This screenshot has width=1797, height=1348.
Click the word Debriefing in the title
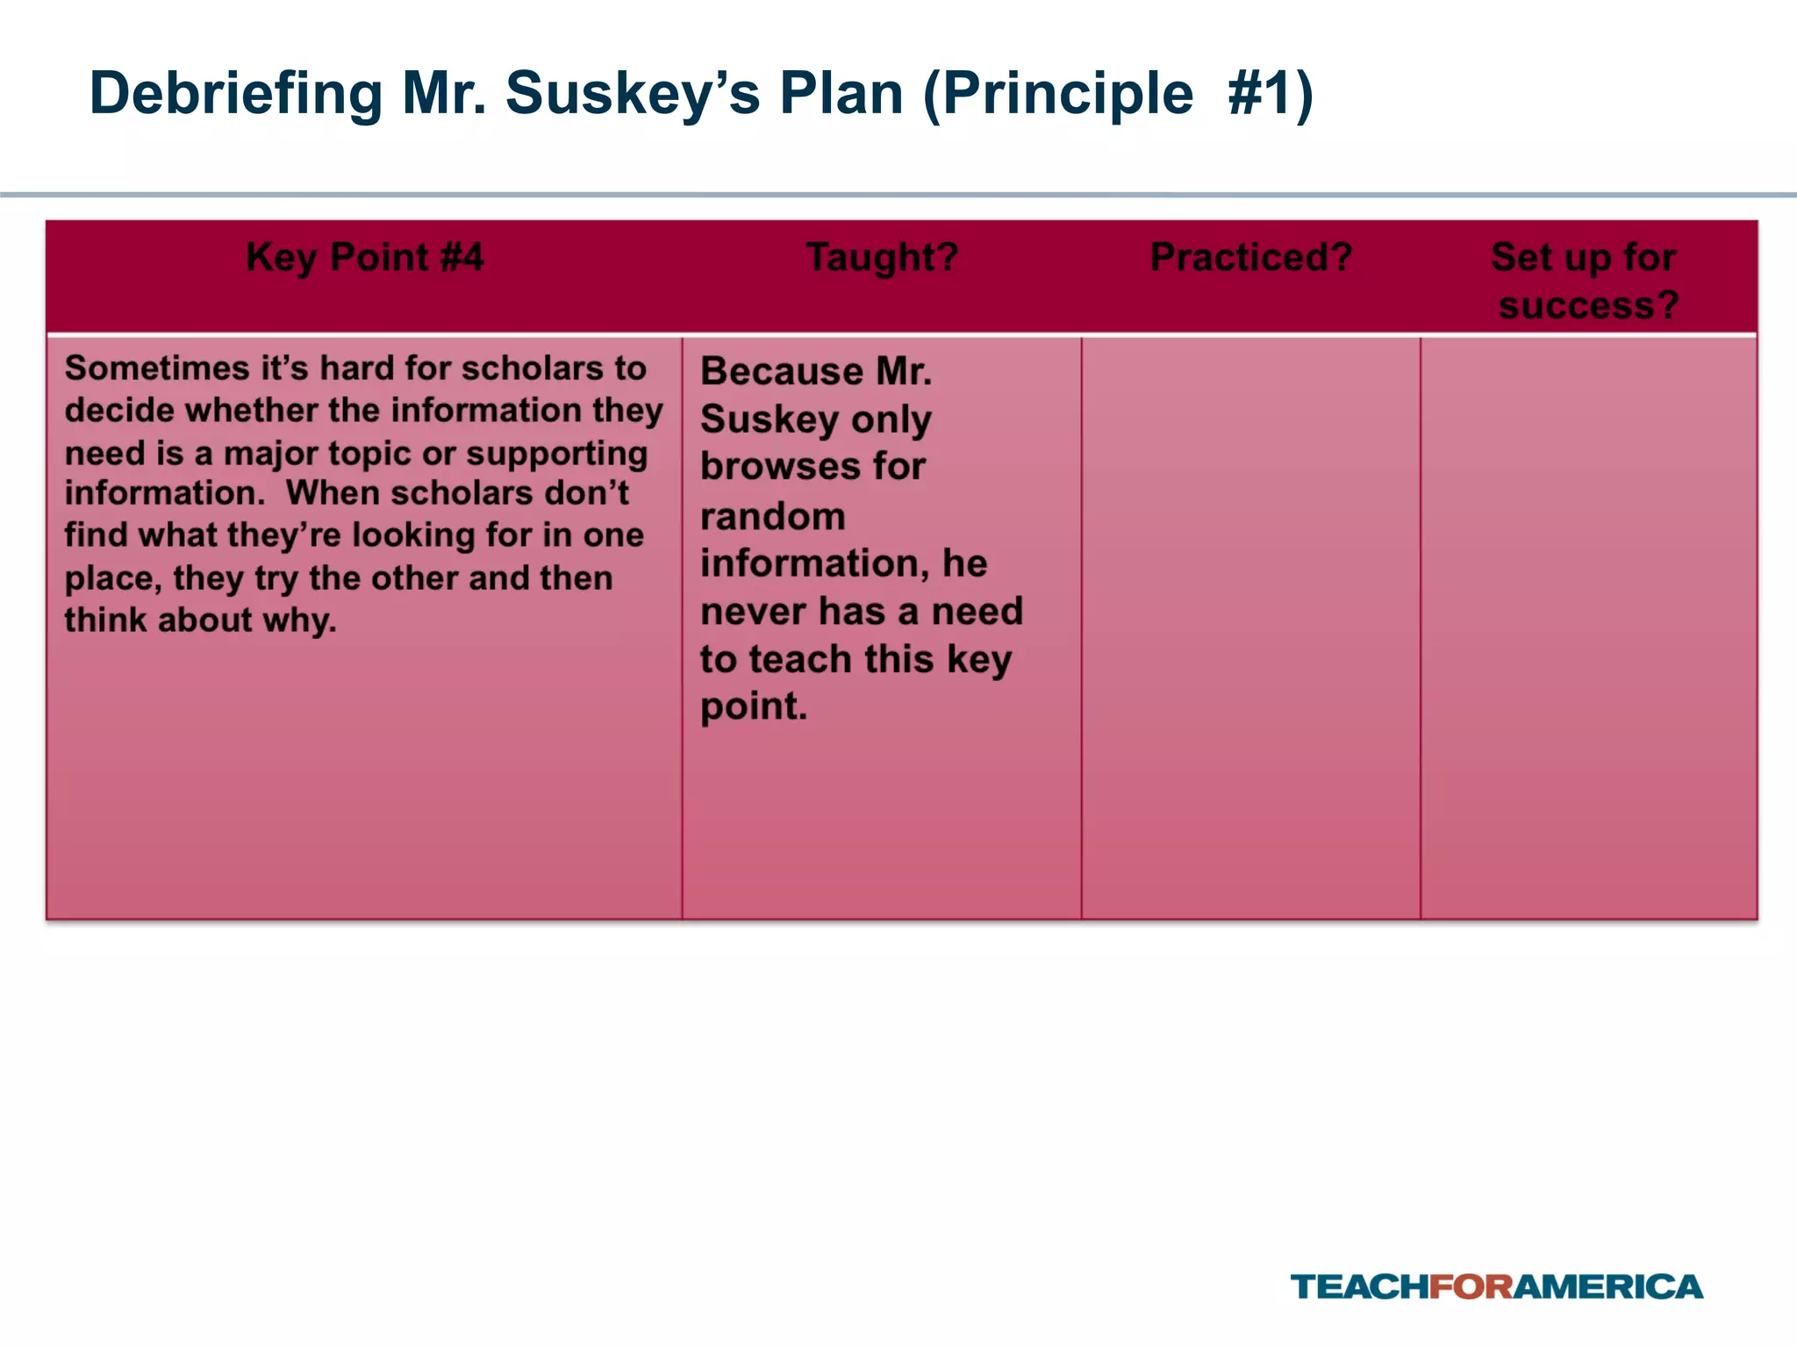pyautogui.click(x=236, y=95)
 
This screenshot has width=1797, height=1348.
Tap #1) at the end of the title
pyautogui.click(x=1270, y=95)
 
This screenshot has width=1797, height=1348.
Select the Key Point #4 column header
pyautogui.click(x=364, y=258)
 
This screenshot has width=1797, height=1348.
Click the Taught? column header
pyautogui.click(x=882, y=258)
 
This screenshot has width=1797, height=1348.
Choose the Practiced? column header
pyautogui.click(x=1251, y=258)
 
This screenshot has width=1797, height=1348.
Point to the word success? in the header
pyautogui.click(x=1588, y=305)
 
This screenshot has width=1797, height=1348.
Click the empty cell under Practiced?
pyautogui.click(x=1250, y=627)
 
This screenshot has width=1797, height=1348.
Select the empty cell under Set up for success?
pyautogui.click(x=1588, y=627)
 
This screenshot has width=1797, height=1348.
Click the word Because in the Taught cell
pyautogui.click(x=769, y=372)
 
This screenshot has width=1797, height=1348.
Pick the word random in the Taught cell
pyautogui.click(x=772, y=516)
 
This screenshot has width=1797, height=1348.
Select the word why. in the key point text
pyautogui.click(x=299, y=620)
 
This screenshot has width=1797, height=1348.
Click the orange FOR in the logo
pyautogui.click(x=1471, y=1287)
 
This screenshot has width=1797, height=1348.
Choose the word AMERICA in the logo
pyautogui.click(x=1608, y=1287)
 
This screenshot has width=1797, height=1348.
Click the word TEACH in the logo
pyautogui.click(x=1359, y=1287)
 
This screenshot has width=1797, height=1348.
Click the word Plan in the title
pyautogui.click(x=841, y=95)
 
